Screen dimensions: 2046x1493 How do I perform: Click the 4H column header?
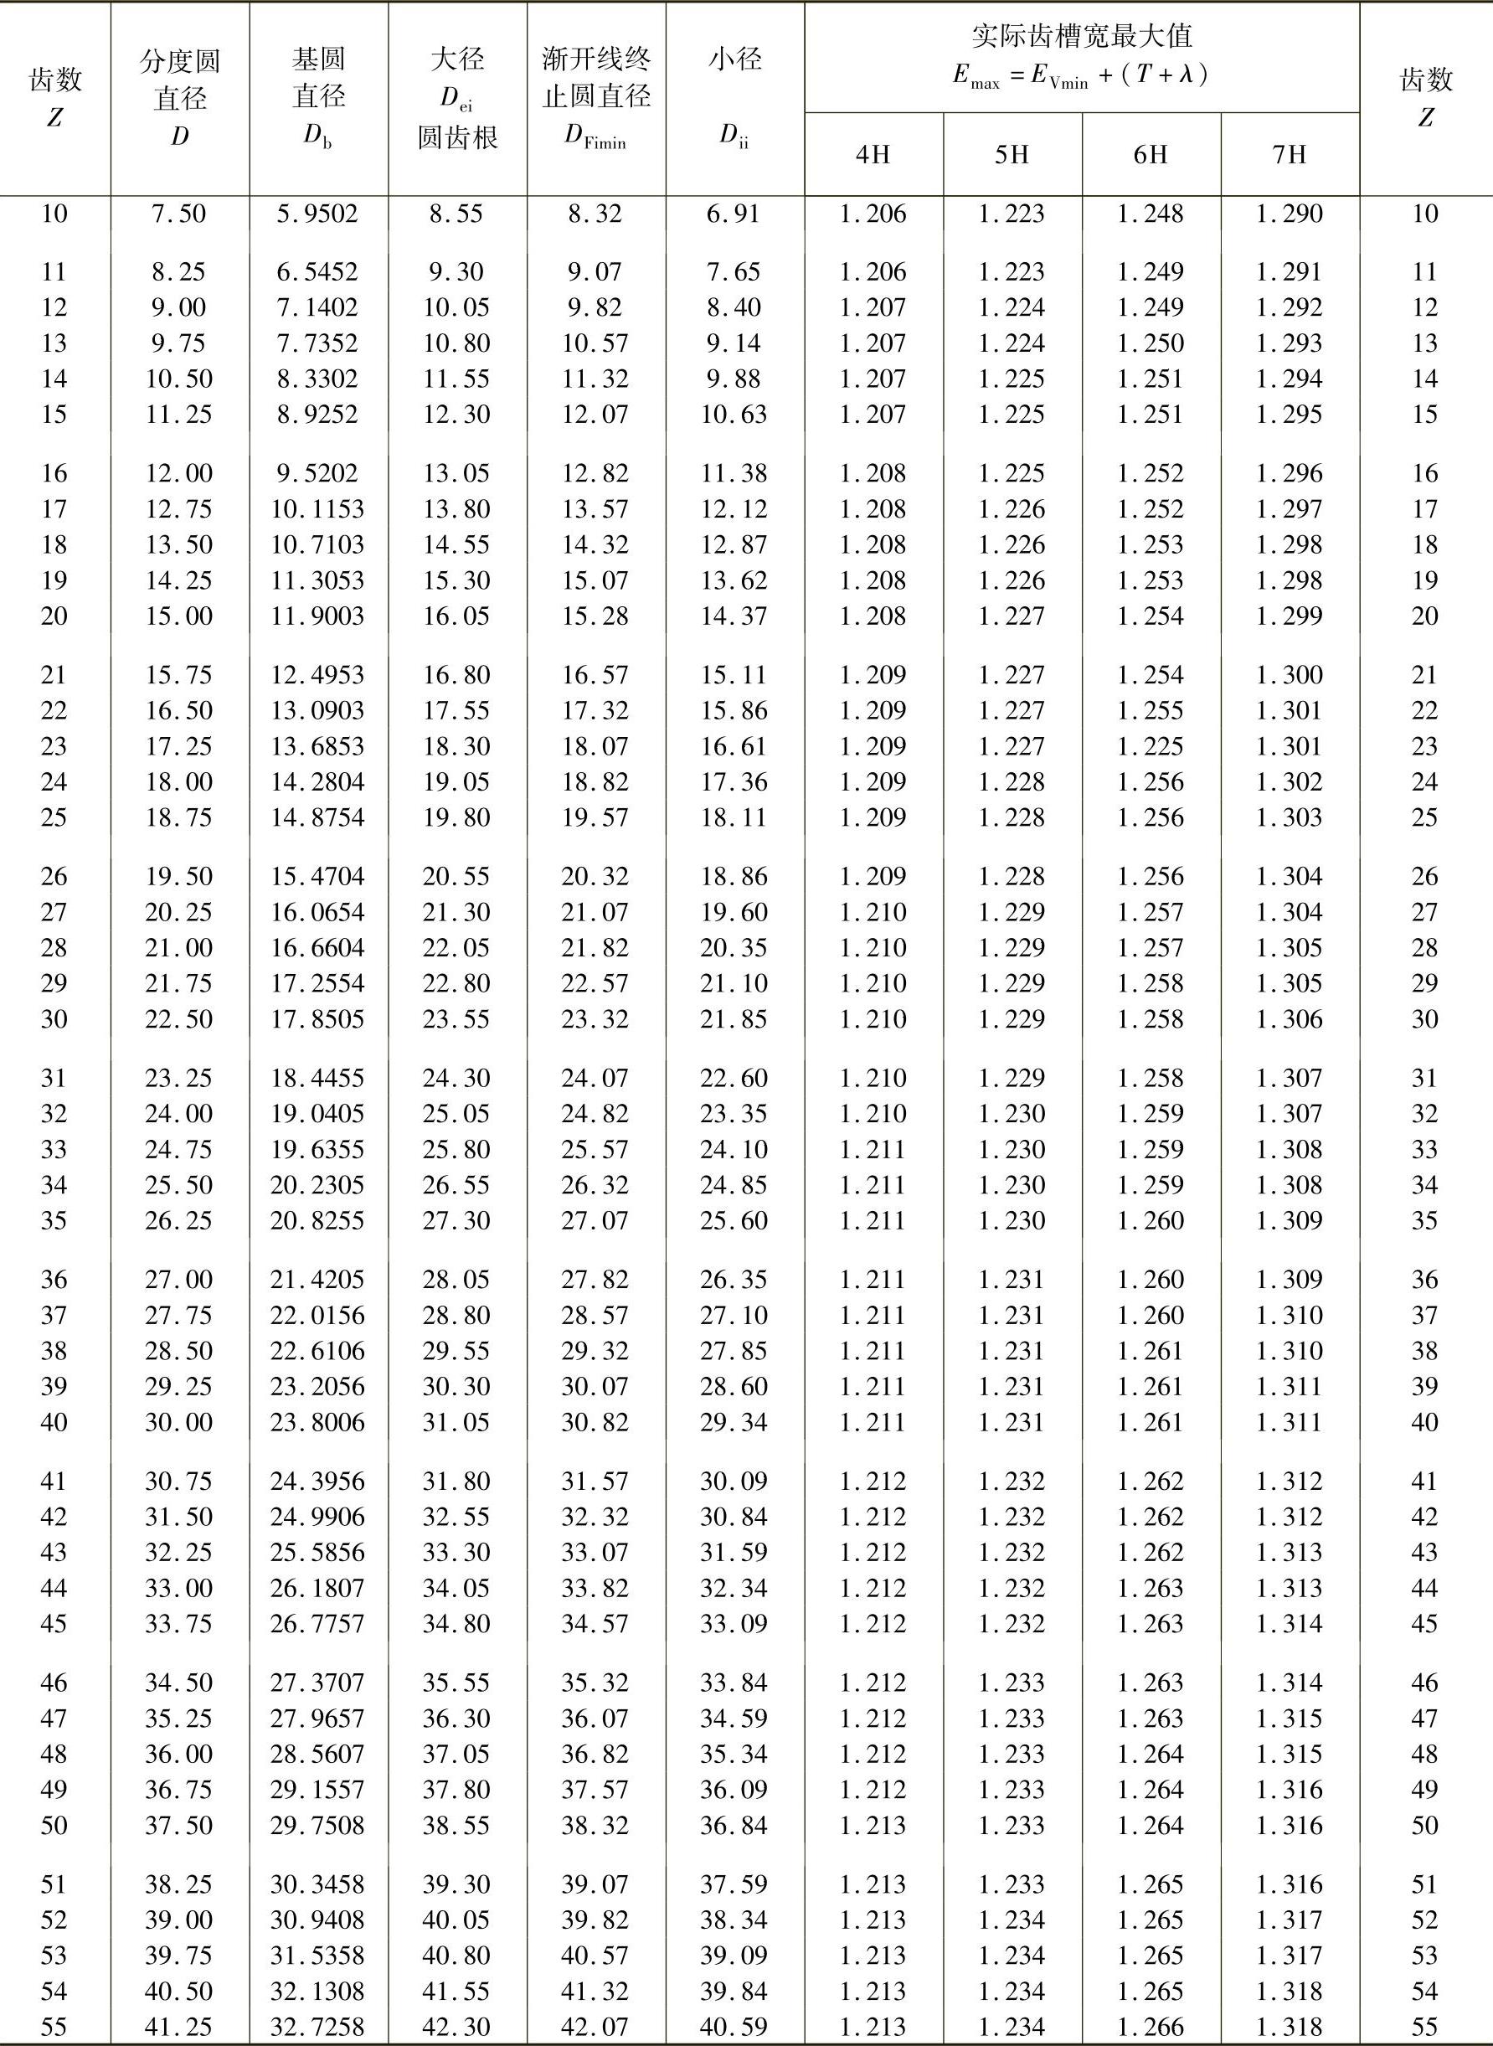(x=873, y=155)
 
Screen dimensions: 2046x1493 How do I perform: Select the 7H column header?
(x=1290, y=155)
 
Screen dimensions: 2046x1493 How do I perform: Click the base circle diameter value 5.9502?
(x=318, y=214)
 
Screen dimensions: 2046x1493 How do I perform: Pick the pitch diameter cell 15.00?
(x=179, y=616)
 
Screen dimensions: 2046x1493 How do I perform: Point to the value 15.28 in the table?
(x=595, y=616)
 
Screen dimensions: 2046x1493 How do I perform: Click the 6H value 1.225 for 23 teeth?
(x=1151, y=746)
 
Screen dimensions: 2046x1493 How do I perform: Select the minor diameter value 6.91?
(x=734, y=214)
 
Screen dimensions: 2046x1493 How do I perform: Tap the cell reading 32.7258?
(x=318, y=2027)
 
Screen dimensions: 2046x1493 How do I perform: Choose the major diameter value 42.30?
(x=456, y=2027)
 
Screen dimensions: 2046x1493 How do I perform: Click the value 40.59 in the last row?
(x=734, y=2027)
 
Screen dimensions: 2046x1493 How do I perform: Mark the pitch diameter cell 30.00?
(x=179, y=1422)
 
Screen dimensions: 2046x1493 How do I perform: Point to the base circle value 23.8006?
(x=318, y=1422)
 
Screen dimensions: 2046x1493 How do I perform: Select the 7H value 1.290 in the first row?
(x=1290, y=214)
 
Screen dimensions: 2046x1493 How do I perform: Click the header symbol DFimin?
(x=595, y=137)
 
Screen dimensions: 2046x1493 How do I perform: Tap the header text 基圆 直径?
(x=318, y=78)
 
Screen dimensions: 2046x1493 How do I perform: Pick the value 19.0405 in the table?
(x=318, y=1113)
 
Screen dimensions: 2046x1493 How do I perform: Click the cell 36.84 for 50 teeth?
(x=734, y=1826)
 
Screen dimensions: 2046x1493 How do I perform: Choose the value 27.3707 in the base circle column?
(x=318, y=1683)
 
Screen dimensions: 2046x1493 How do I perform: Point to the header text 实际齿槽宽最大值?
(x=1081, y=36)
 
